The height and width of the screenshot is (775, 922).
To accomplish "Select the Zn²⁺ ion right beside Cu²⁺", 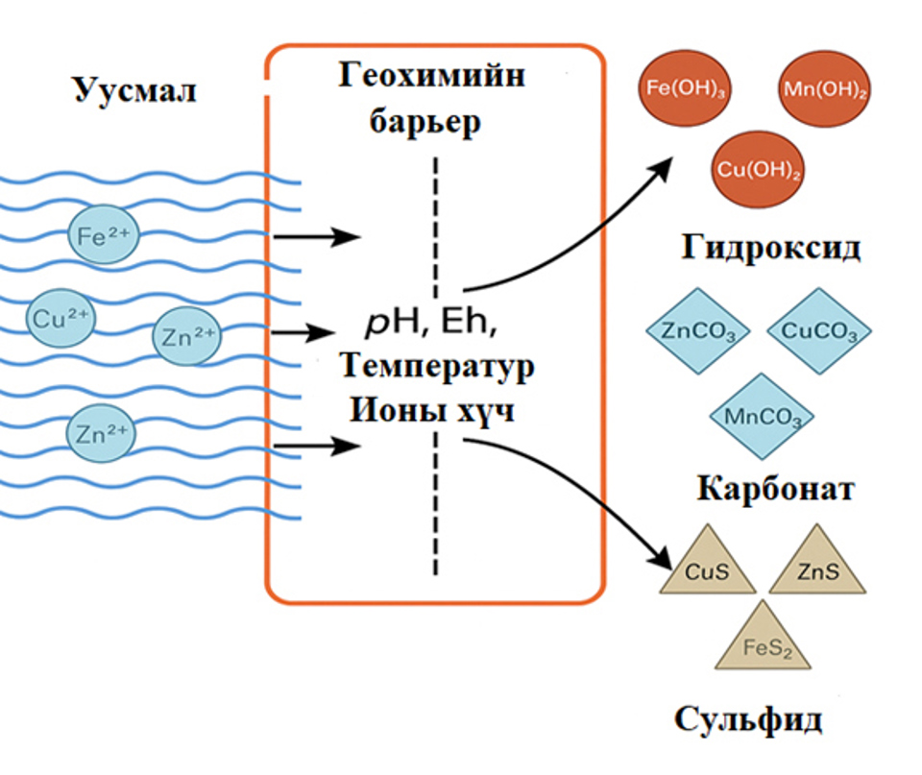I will coord(185,335).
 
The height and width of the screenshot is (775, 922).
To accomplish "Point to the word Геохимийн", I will coord(431,77).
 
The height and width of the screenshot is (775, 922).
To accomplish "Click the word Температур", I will coord(436,367).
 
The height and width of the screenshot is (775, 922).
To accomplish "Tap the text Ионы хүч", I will coord(433,410).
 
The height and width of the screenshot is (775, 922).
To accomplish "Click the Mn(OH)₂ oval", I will coord(820,91).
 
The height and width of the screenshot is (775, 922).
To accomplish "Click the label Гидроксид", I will coord(771,247).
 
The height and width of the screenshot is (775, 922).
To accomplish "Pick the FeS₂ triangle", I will coord(764,643).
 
